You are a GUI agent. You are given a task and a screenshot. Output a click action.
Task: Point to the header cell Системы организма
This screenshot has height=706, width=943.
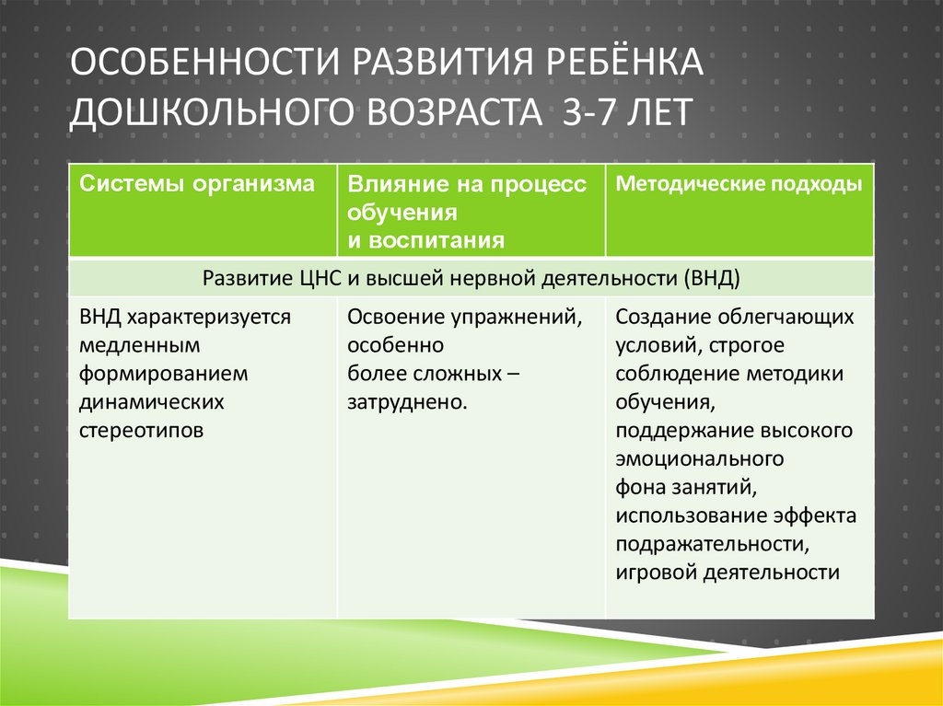(x=197, y=183)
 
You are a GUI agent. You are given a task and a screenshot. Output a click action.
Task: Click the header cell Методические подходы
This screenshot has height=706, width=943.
(x=739, y=183)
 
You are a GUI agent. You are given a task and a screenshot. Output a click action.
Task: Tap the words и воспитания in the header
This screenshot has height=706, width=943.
(x=425, y=241)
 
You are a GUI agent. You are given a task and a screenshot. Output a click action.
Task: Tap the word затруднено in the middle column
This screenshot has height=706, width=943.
(x=405, y=402)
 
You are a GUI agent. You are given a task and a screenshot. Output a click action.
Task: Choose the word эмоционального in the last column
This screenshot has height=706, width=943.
(x=700, y=458)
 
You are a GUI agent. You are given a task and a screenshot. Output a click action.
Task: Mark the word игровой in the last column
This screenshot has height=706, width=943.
(x=656, y=572)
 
